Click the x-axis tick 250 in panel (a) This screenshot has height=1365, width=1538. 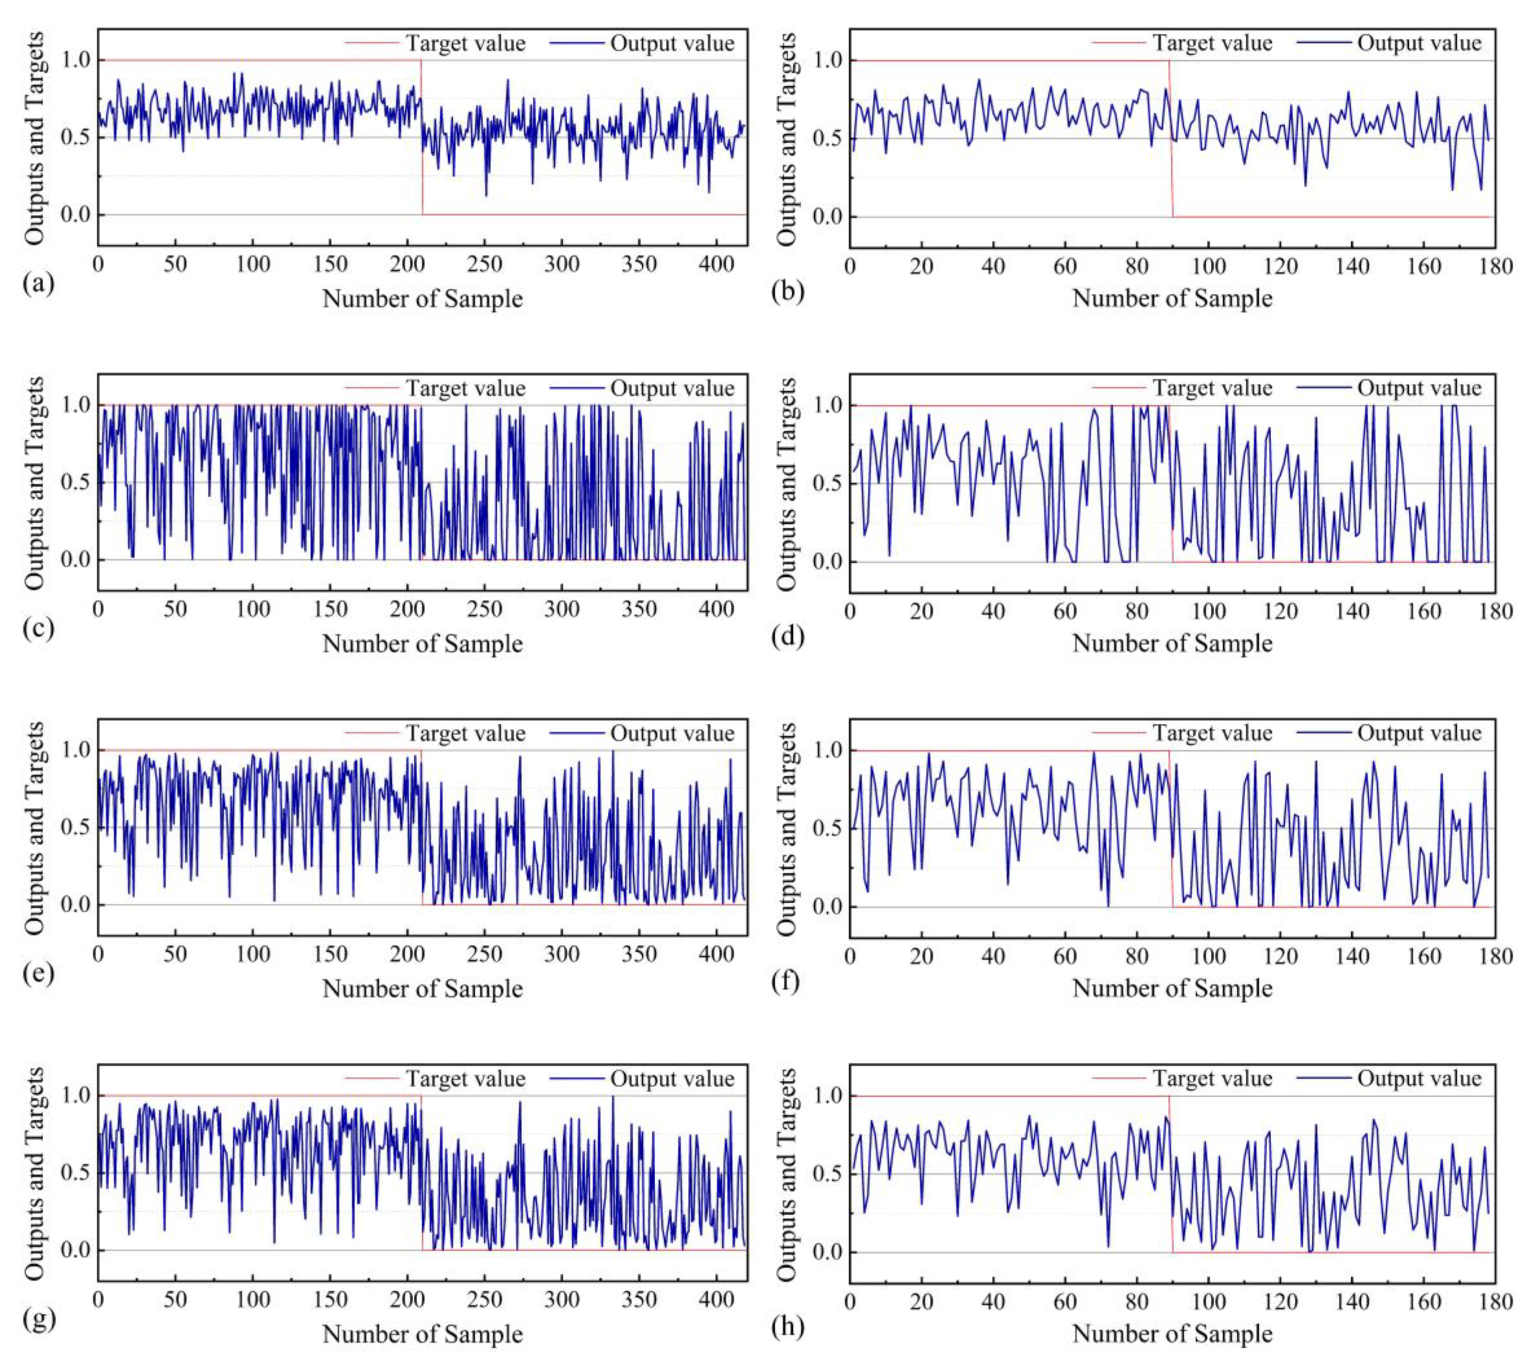point(484,265)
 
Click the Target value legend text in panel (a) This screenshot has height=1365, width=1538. point(466,44)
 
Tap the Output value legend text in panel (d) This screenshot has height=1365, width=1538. point(1419,388)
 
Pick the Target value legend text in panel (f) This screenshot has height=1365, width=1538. point(1212,733)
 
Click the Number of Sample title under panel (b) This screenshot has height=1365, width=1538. point(1172,299)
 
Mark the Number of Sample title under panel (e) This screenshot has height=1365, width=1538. point(422,989)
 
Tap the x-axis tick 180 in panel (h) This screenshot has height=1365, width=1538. point(1495,1302)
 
